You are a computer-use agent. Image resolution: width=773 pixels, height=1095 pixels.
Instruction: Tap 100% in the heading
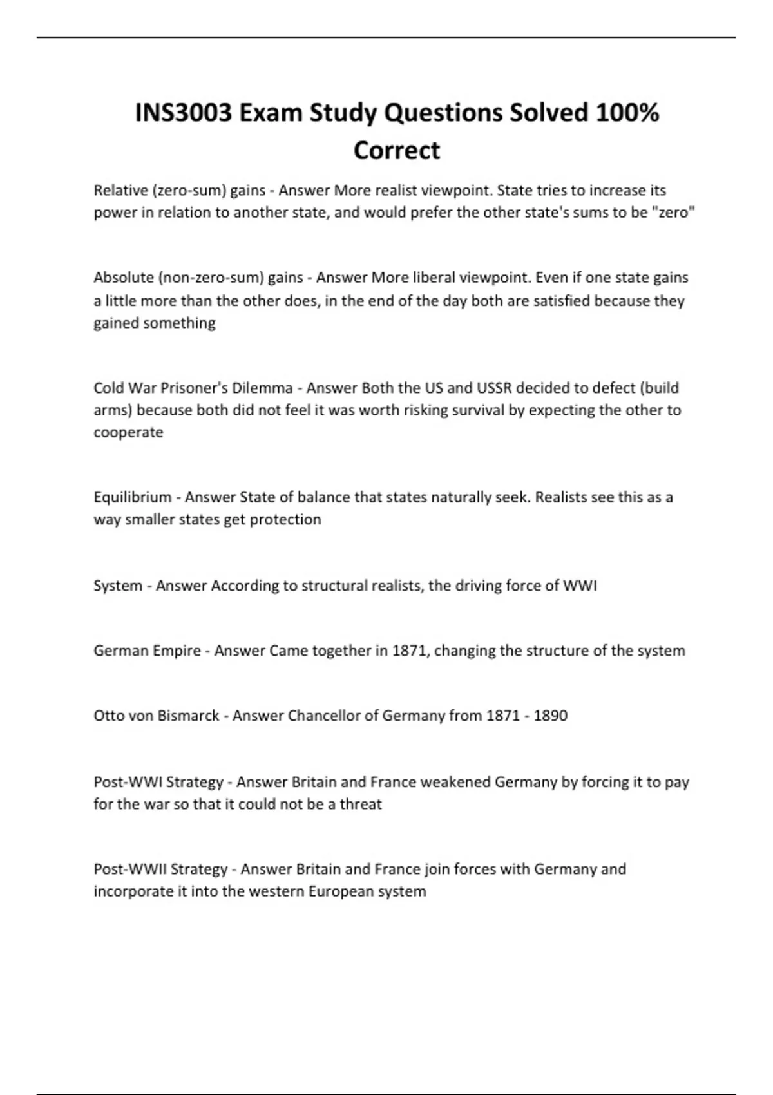pyautogui.click(x=627, y=113)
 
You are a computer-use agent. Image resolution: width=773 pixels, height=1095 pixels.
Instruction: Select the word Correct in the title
pyautogui.click(x=396, y=150)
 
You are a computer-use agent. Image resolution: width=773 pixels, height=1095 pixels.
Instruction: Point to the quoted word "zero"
pyautogui.click(x=674, y=213)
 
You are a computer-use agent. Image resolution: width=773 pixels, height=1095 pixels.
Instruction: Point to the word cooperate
pyautogui.click(x=128, y=432)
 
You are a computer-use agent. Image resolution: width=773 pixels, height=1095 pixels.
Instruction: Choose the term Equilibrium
pyautogui.click(x=133, y=497)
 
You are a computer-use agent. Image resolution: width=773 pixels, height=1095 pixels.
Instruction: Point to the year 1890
pyautogui.click(x=550, y=716)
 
